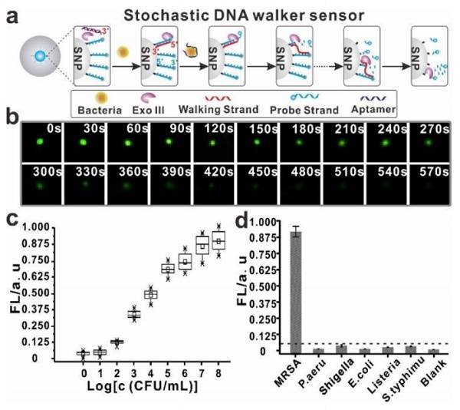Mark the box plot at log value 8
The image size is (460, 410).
(x=219, y=240)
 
